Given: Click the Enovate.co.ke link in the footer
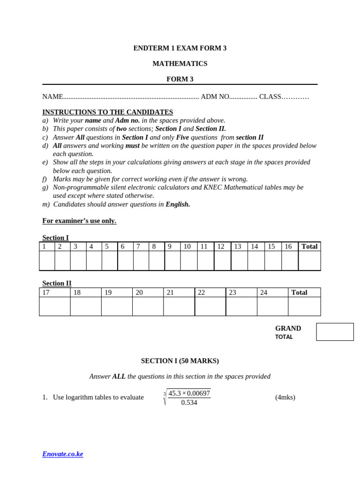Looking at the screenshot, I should [x=62, y=454].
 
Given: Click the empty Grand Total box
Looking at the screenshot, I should [x=335, y=332].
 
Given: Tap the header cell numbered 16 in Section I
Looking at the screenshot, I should [x=289, y=247].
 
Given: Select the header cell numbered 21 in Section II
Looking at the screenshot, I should [x=179, y=292].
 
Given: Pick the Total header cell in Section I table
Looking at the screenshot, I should [x=309, y=247].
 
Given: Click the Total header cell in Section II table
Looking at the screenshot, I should [x=304, y=292].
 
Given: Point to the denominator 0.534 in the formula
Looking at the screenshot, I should [x=189, y=403].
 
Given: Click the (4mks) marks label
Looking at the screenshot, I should [x=285, y=397].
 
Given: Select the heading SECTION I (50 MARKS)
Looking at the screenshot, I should [x=180, y=361].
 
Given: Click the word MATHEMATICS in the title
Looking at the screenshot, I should [x=180, y=64].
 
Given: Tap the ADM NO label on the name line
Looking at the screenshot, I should [x=215, y=97].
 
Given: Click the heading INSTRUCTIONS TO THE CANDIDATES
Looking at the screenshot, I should [x=107, y=112].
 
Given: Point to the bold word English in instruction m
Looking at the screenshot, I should [x=178, y=204].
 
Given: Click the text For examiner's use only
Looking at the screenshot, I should [x=79, y=221].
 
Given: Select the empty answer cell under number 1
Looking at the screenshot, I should [x=47, y=261].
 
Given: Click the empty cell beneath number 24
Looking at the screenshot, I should [x=272, y=306].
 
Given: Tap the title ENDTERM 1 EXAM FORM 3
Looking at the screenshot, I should [x=180, y=48].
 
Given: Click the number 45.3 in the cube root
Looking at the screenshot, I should [x=174, y=393].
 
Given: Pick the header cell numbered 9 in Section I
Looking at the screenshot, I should [x=172, y=247].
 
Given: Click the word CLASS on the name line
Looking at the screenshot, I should [x=270, y=97].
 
